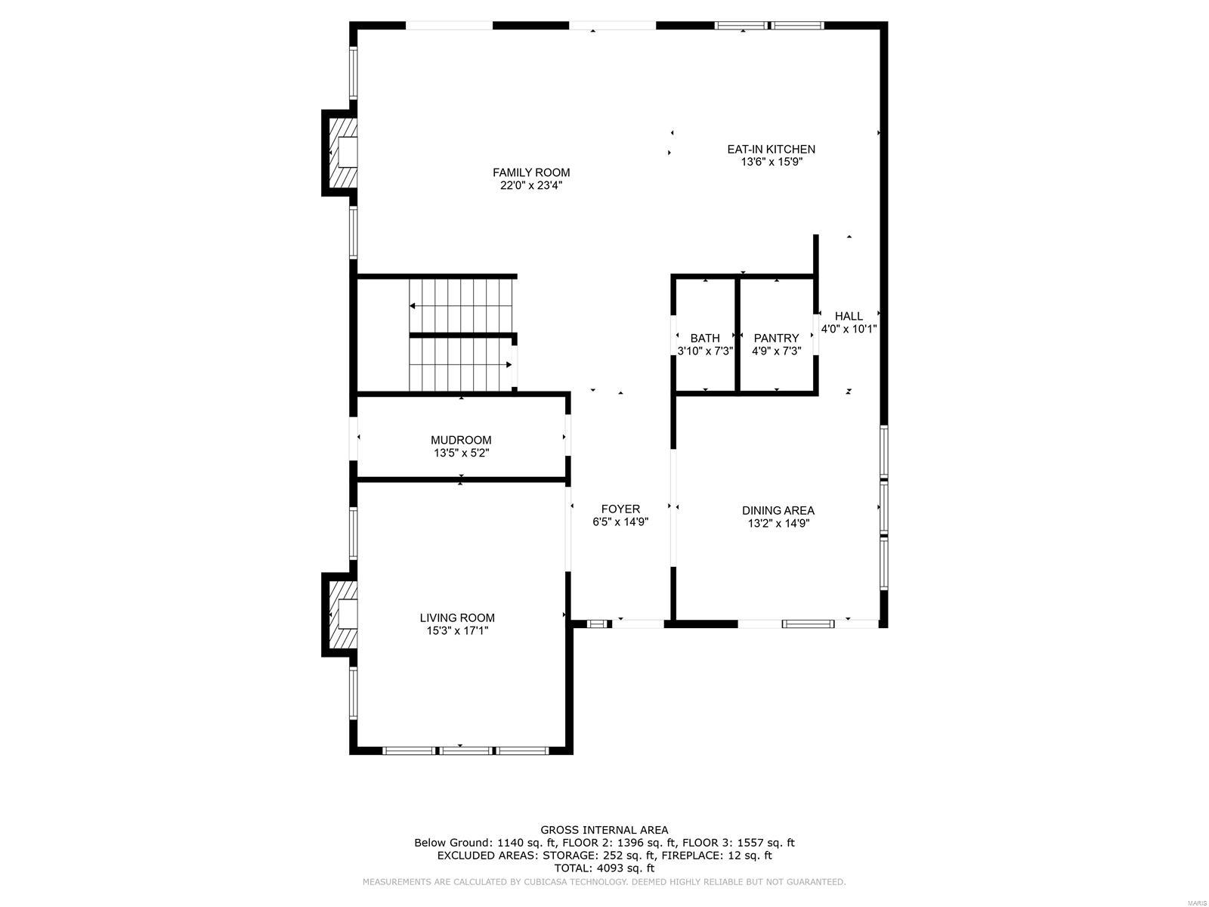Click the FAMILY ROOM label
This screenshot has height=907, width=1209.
(x=531, y=172)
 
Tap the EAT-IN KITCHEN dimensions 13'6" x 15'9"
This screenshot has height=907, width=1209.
(x=771, y=162)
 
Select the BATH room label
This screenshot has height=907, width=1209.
(x=704, y=338)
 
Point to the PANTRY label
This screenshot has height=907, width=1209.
(x=775, y=338)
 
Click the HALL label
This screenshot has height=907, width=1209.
(x=849, y=316)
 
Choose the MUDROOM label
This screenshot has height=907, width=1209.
(x=461, y=440)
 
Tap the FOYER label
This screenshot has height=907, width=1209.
(x=620, y=509)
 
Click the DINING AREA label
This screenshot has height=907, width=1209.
(x=778, y=511)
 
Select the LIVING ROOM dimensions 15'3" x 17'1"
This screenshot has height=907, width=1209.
(x=457, y=630)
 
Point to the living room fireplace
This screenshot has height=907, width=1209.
(x=340, y=614)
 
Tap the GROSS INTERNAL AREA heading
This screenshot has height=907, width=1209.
(x=604, y=830)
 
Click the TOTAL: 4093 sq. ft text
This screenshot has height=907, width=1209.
(x=604, y=868)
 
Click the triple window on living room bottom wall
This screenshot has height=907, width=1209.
(x=465, y=751)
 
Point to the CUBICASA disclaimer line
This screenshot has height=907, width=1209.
(x=604, y=882)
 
